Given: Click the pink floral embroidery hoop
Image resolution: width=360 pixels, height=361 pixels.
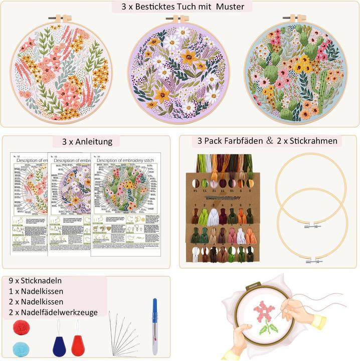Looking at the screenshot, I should point(64,70).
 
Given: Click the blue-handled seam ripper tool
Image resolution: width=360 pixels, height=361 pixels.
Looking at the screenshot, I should point(154,326).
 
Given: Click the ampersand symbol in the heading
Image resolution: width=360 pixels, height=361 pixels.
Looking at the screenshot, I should point(270,141).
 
